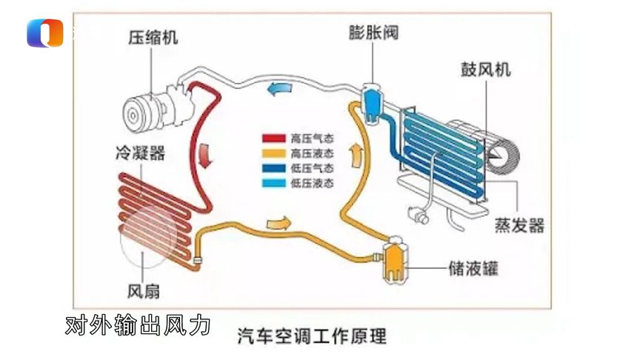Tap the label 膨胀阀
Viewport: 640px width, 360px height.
[x=372, y=33]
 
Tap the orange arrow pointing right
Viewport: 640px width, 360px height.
[x=278, y=221]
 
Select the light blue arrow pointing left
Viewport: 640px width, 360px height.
[x=280, y=89]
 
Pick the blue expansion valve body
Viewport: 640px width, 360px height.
[x=372, y=100]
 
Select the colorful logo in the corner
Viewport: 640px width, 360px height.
[x=44, y=33]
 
